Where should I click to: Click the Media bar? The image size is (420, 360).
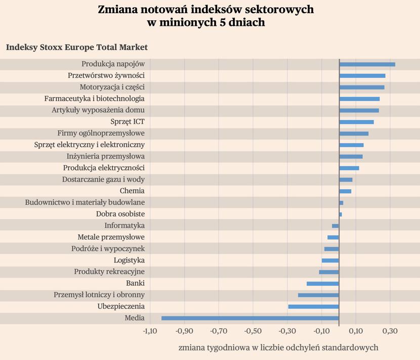(250, 318)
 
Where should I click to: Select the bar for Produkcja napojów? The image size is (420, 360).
(367, 64)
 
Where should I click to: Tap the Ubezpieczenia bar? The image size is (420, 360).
(314, 307)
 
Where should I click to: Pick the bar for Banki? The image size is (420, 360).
(323, 284)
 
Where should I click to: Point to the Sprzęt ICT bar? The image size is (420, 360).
(357, 122)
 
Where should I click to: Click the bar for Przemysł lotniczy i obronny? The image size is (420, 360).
(318, 295)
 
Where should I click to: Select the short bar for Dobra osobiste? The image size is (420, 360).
(341, 214)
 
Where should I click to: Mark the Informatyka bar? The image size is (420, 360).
(335, 226)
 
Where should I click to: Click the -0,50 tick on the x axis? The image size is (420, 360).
(253, 331)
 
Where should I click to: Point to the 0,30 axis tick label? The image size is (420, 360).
(390, 331)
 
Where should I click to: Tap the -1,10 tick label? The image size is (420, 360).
(150, 331)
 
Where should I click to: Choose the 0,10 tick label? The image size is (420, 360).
(356, 331)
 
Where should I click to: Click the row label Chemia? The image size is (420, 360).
(132, 191)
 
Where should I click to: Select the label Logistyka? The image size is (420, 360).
(129, 260)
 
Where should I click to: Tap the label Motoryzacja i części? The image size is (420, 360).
(112, 87)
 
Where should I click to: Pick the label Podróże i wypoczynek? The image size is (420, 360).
(108, 249)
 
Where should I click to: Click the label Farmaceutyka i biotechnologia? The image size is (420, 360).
(94, 99)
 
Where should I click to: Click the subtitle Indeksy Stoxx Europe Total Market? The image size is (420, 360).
(77, 47)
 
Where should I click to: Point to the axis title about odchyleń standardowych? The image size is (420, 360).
(278, 347)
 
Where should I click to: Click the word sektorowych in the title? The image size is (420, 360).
(279, 10)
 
